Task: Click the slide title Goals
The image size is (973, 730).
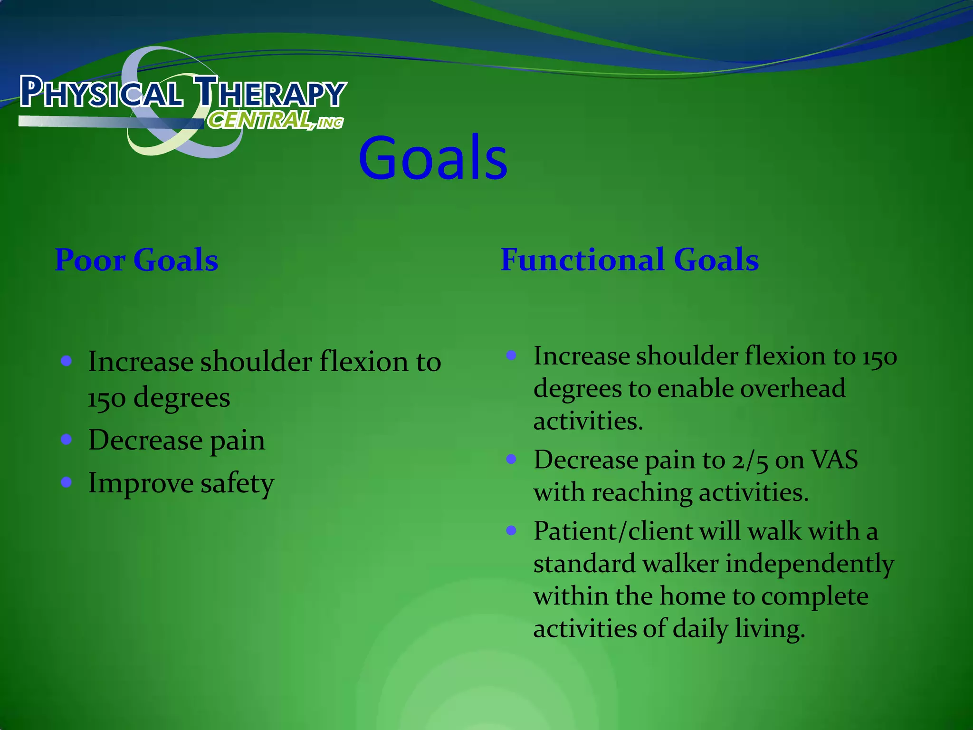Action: [433, 158]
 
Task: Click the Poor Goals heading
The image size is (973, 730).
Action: [136, 260]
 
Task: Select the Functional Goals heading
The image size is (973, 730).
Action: [630, 260]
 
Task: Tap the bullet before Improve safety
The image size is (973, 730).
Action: [67, 482]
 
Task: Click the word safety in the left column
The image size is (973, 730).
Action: [237, 484]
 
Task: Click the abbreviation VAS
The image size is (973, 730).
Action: [834, 460]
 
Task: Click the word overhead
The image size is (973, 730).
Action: [793, 389]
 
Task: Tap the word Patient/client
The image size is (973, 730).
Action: [612, 531]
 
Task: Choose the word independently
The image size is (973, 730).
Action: [810, 565]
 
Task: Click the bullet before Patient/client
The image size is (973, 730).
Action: [511, 530]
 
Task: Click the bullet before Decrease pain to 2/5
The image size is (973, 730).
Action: [511, 459]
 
